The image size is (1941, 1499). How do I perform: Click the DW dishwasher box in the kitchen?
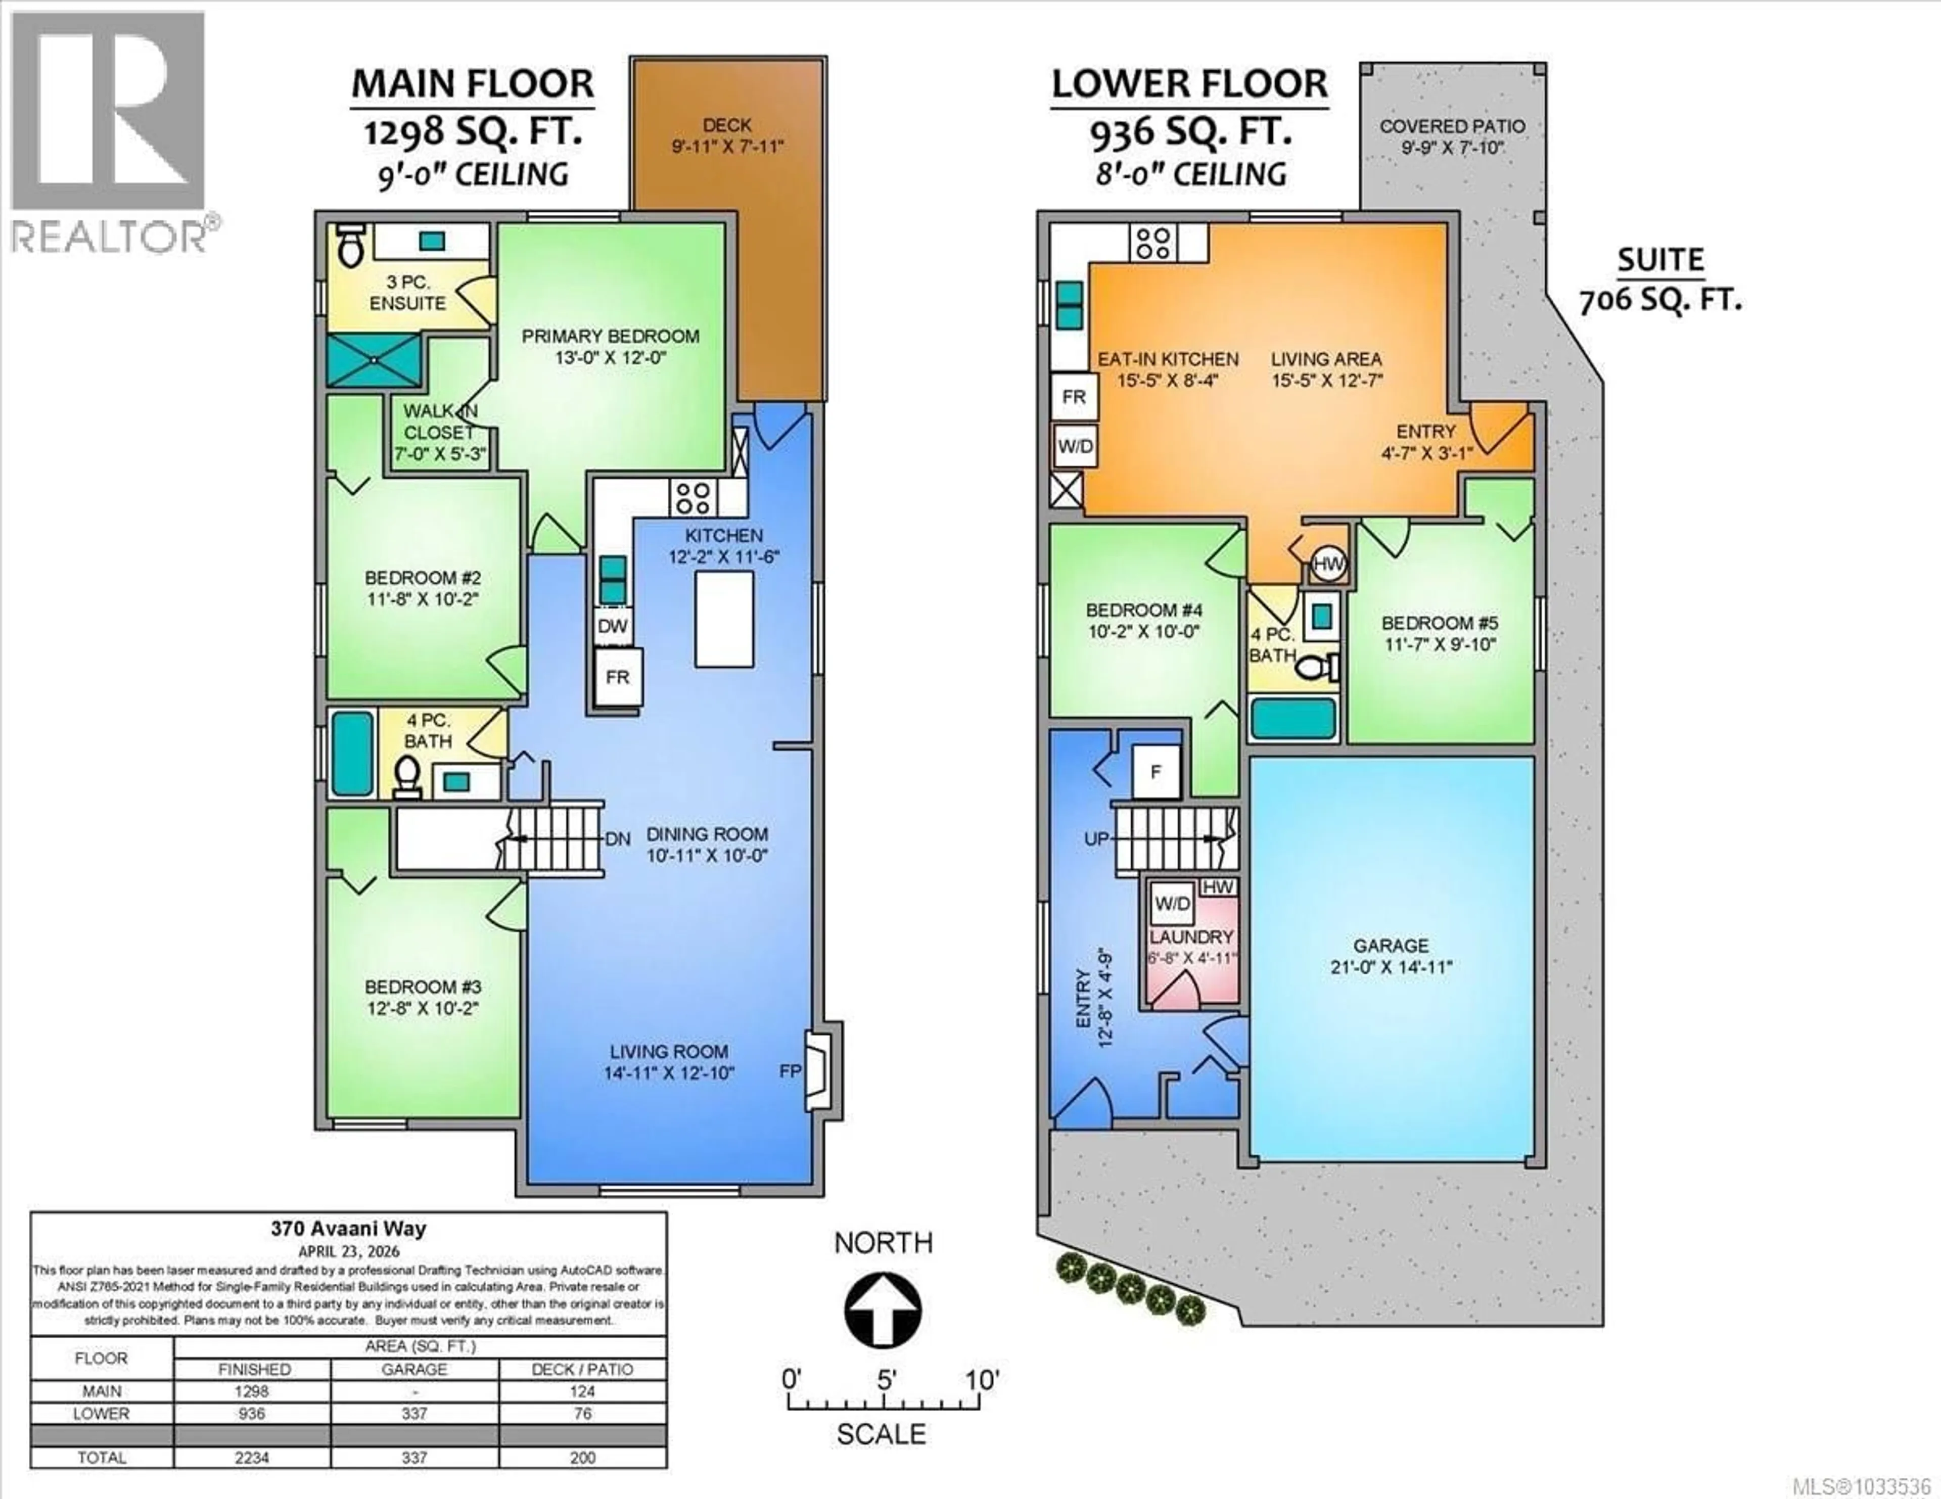click(612, 626)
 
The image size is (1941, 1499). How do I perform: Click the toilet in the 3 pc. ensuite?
click(352, 245)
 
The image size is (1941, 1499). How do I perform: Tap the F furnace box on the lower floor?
click(1156, 772)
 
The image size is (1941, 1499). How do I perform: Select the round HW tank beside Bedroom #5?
click(1328, 564)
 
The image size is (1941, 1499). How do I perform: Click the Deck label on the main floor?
click(727, 125)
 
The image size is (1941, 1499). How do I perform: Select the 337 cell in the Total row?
click(414, 1457)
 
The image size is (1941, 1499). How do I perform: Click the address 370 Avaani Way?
click(348, 1229)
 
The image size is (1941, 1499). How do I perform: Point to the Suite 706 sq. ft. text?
click(1660, 280)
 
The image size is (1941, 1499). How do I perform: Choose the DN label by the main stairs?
click(618, 839)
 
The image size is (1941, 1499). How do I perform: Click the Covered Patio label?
click(1452, 126)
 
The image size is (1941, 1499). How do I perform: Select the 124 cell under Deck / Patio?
click(582, 1391)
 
